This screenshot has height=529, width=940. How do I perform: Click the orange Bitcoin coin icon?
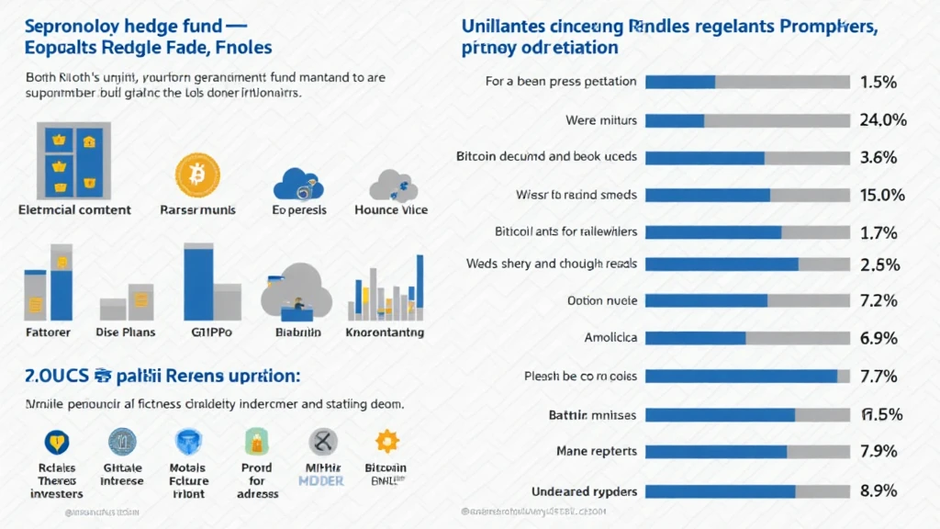coord(197,175)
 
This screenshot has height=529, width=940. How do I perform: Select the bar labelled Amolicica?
coord(748,339)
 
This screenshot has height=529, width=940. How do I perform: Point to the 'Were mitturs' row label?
coord(601,119)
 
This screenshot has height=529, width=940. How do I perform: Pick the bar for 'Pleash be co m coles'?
coord(748,377)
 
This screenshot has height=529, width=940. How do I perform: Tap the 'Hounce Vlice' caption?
coord(390,209)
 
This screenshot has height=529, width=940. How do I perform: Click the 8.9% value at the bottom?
coord(878,490)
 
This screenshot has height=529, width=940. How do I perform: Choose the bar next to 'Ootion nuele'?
coord(748,301)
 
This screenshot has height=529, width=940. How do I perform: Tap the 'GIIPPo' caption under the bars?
coord(212,332)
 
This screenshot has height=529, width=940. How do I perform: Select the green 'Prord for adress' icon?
coord(256,443)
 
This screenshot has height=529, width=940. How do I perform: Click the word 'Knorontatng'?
coord(386,332)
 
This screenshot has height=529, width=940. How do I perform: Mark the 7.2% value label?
coord(878,301)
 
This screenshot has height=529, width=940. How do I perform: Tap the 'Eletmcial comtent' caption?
coord(75,209)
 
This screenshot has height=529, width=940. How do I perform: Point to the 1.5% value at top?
coord(878,82)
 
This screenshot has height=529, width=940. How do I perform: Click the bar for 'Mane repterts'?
coord(748,452)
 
